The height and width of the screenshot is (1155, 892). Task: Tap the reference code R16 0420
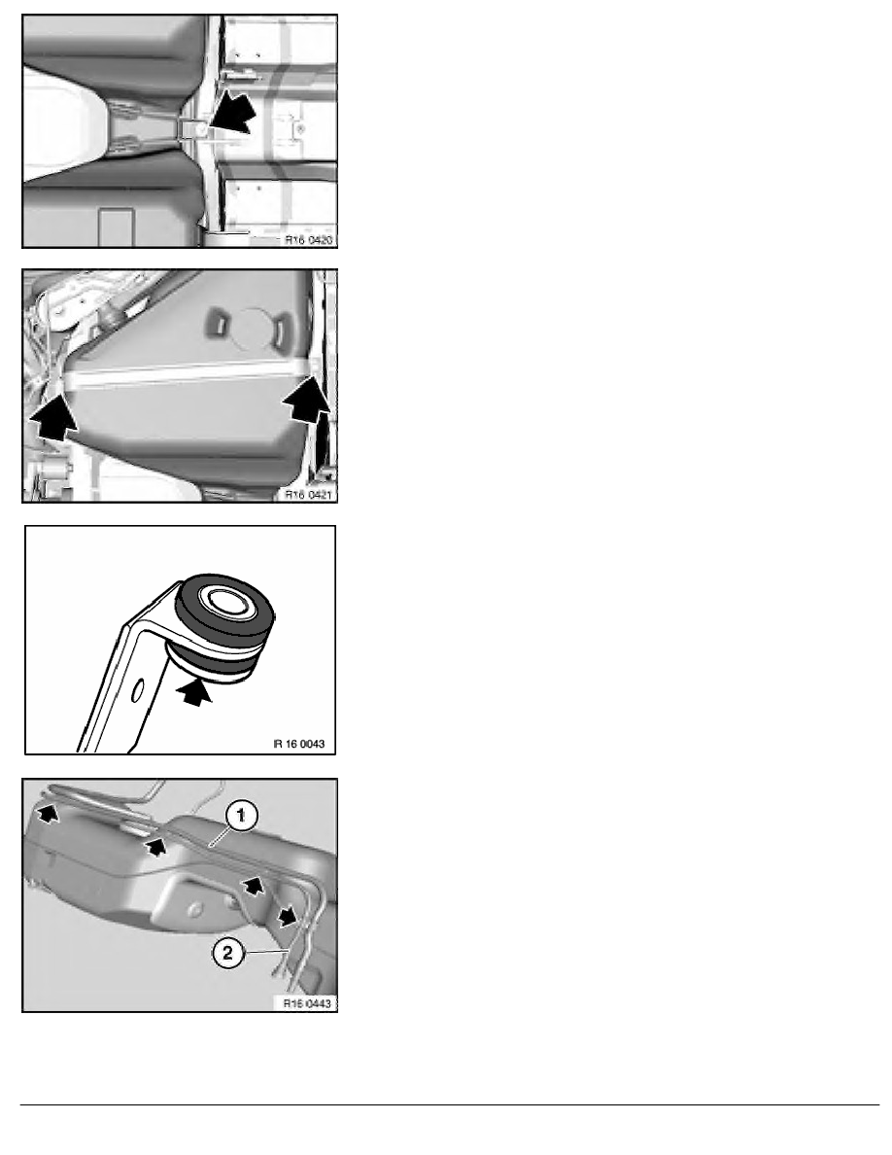[308, 240]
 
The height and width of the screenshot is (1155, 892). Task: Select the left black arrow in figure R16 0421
[52, 415]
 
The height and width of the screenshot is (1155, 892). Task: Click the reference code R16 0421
[308, 495]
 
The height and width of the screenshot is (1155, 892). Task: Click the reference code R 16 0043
[299, 744]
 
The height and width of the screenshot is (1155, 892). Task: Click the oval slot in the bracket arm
[136, 691]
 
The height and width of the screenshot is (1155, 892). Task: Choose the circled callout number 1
[241, 817]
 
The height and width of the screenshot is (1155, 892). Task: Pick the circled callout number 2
[227, 953]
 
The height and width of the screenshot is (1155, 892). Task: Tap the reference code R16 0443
[308, 1003]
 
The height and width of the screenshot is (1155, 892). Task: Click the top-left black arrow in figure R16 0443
[48, 813]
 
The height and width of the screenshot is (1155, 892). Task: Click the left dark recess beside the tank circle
[220, 325]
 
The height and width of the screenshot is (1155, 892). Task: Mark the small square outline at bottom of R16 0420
[116, 227]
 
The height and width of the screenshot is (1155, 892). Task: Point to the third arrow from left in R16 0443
[253, 886]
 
